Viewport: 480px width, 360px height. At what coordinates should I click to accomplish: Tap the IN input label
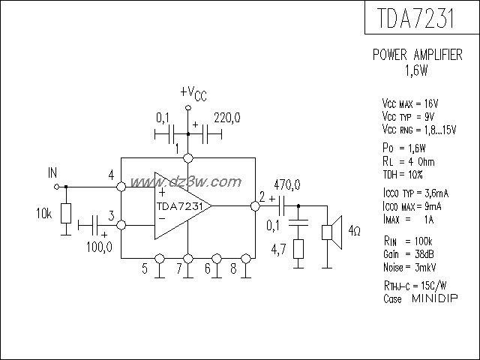52,173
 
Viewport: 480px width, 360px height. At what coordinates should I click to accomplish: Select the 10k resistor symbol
66,212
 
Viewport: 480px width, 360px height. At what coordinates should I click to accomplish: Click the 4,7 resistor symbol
298,249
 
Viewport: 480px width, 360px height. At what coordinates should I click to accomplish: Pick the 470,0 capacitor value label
287,184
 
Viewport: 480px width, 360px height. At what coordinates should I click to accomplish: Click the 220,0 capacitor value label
226,118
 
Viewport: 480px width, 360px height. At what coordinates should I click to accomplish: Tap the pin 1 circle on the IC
187,158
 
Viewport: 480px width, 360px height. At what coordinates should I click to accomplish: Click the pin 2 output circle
253,204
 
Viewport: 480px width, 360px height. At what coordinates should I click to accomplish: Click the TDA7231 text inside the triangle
178,206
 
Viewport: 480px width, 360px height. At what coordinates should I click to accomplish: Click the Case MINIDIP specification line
415,298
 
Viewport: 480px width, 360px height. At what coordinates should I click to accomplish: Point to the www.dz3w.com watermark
184,181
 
